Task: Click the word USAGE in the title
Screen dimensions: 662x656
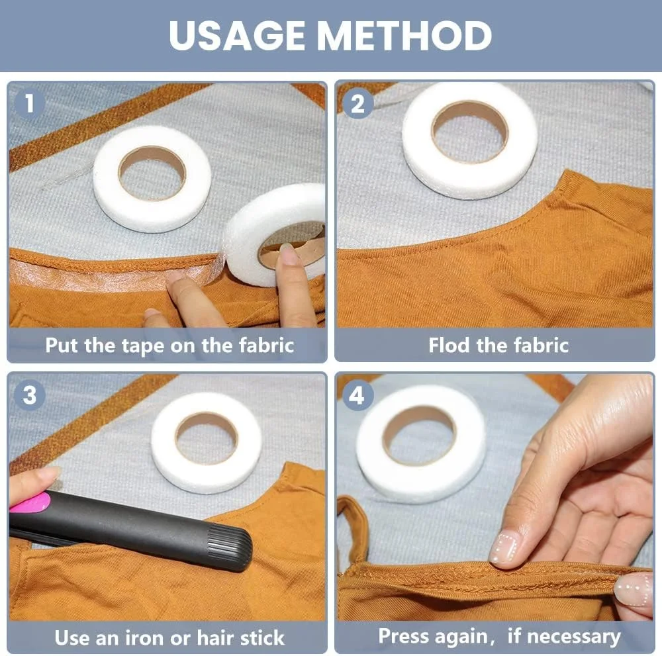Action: (237, 35)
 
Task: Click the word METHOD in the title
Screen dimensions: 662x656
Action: (404, 35)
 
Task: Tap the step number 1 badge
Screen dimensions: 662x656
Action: (29, 103)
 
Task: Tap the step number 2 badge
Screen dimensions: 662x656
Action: (357, 103)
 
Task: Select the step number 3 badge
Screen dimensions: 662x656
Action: (29, 396)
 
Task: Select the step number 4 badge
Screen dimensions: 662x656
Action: (357, 396)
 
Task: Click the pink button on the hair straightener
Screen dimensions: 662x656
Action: (30, 502)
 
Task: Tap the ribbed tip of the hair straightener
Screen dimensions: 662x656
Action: (230, 548)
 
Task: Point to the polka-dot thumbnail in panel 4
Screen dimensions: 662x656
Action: (505, 547)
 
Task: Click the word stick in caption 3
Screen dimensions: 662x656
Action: (261, 638)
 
